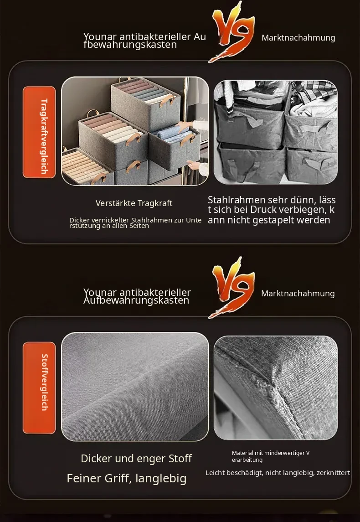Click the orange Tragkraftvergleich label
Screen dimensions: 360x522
(x=39, y=132)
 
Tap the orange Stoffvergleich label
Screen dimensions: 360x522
(x=39, y=388)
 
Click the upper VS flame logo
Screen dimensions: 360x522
(x=232, y=32)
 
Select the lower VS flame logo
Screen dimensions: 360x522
(x=232, y=288)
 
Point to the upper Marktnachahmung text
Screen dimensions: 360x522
(x=298, y=38)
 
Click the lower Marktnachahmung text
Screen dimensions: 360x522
(x=298, y=294)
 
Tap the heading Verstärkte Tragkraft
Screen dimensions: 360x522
(x=134, y=203)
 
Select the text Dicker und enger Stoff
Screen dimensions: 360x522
(x=136, y=459)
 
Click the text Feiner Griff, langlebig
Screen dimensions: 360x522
(x=126, y=478)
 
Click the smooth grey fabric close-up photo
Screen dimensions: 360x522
(x=135, y=387)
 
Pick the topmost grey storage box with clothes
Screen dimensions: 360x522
(x=146, y=103)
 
